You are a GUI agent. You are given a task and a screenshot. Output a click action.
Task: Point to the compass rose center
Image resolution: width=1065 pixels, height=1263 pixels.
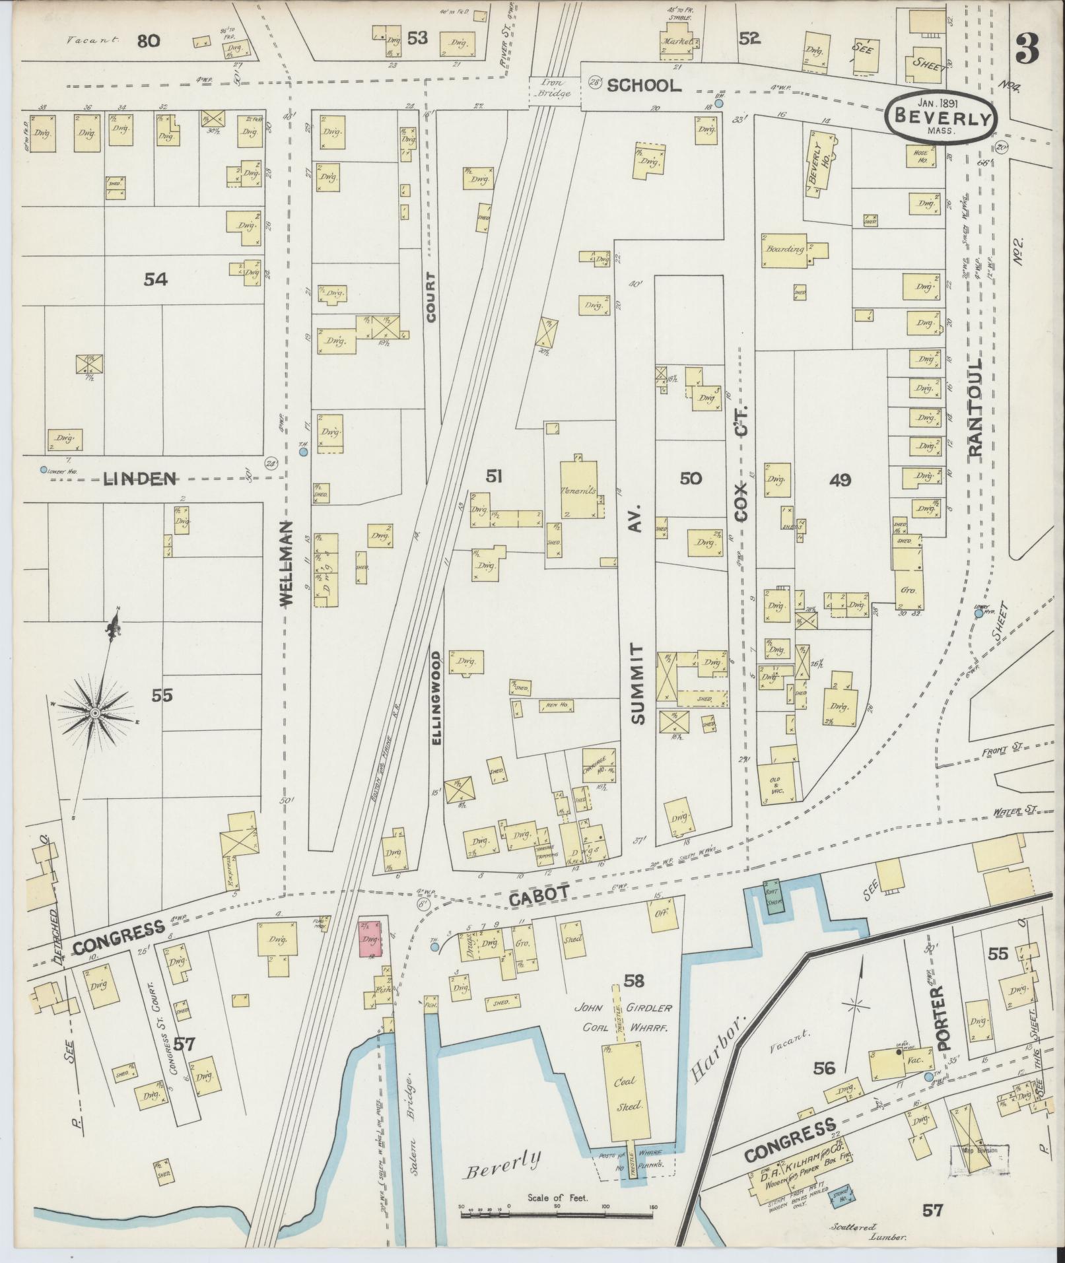(95, 714)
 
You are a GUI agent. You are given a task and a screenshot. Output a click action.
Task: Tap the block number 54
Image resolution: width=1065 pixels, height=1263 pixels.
(156, 280)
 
